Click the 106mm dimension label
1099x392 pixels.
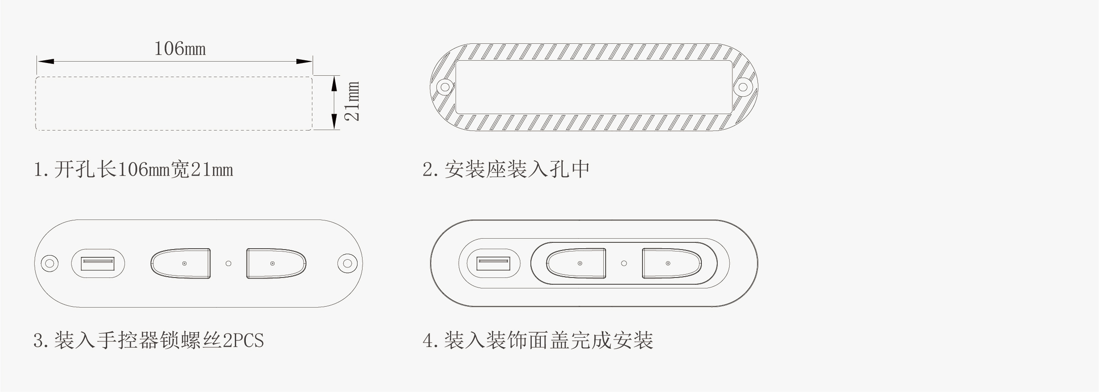click(180, 48)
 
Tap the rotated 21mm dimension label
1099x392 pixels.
click(352, 101)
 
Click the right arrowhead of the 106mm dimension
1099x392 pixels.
click(304, 61)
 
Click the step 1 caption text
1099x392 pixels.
click(134, 170)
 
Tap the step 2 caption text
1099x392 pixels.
click(506, 169)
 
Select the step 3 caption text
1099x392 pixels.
click(149, 340)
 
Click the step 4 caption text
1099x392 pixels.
click(538, 340)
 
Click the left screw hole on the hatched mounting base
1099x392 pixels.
click(444, 87)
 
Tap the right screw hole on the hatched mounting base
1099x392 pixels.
click(743, 87)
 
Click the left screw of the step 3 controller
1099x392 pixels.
click(50, 263)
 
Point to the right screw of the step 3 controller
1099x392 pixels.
click(347, 263)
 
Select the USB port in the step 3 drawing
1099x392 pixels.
click(98, 264)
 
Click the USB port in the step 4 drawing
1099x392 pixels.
click(493, 264)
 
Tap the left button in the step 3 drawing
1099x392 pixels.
click(181, 263)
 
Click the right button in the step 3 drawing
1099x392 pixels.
click(276, 263)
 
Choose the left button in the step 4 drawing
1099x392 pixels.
click(576, 263)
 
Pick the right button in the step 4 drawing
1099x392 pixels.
click(672, 263)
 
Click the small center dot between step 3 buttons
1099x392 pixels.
click(228, 263)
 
